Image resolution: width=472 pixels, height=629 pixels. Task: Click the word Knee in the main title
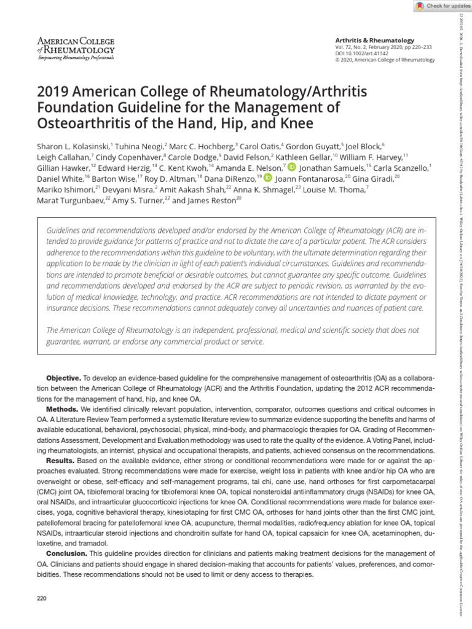[x=297, y=123]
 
